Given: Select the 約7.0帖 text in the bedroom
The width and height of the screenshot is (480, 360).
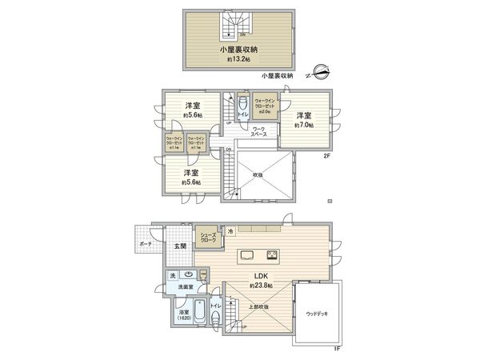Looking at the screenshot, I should (x=304, y=126).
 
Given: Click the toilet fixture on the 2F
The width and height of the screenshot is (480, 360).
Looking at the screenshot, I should (x=243, y=104).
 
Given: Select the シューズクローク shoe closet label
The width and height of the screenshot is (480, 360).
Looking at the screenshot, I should (x=208, y=237).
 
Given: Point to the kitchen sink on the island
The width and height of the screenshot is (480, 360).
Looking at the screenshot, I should (x=247, y=256).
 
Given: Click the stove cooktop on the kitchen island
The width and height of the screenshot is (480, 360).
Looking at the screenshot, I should (x=272, y=256).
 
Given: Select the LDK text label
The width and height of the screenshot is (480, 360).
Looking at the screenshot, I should (x=261, y=276).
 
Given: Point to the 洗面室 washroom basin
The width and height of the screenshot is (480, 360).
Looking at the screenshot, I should (x=201, y=275).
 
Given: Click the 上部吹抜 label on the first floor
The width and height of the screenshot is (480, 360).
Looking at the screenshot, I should (x=255, y=307).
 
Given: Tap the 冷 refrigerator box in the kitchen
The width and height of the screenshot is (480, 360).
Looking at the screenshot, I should (x=230, y=231).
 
